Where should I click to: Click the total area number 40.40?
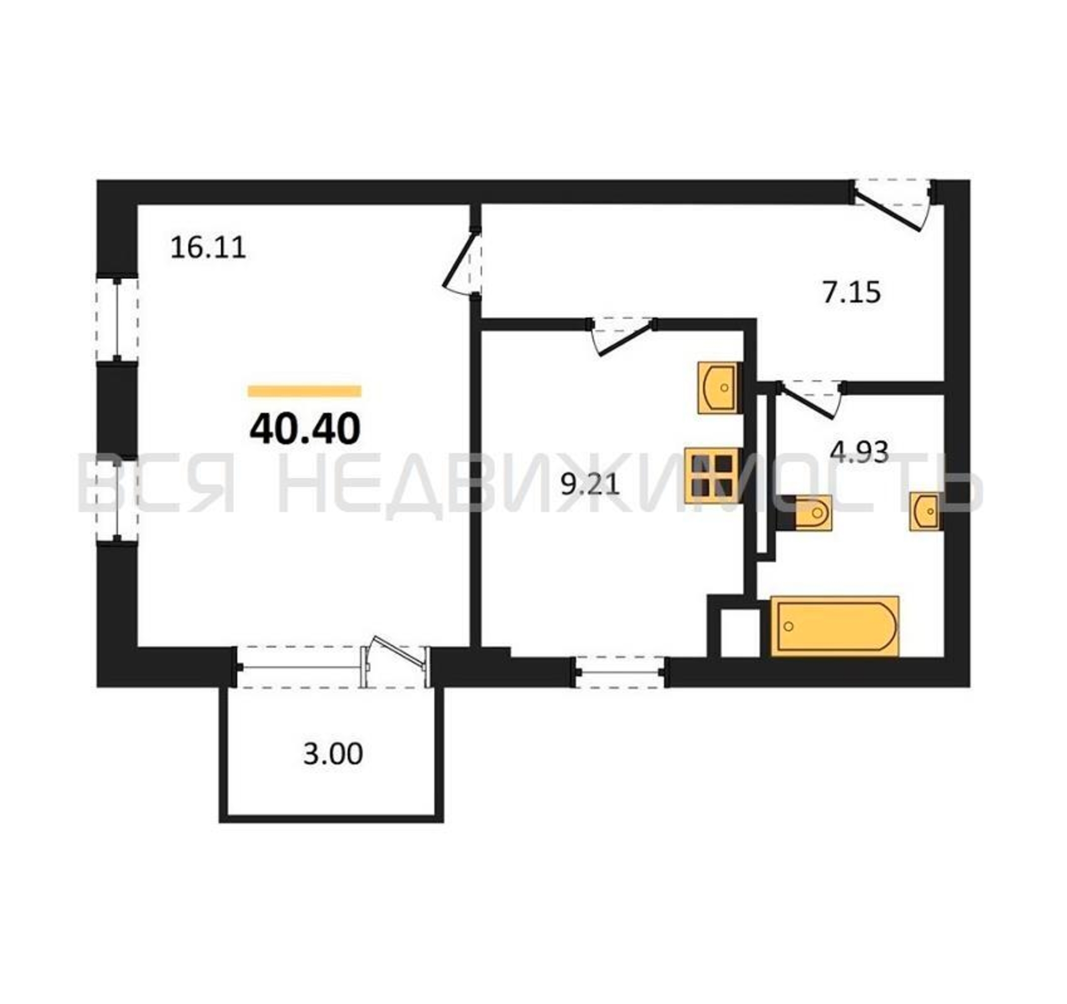coord(305,430)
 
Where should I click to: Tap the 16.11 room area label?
coord(208,248)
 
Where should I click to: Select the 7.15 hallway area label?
coord(852,294)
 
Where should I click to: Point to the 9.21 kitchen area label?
coord(590,485)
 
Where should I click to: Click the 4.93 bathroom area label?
coord(859,452)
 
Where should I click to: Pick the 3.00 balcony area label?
coord(333,754)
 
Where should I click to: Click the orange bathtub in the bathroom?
coord(835,625)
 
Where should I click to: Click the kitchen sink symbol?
coord(718,388)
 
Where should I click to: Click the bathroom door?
coord(811,399)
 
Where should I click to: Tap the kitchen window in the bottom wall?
coord(621,672)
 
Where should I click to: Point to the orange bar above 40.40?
coord(304,391)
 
